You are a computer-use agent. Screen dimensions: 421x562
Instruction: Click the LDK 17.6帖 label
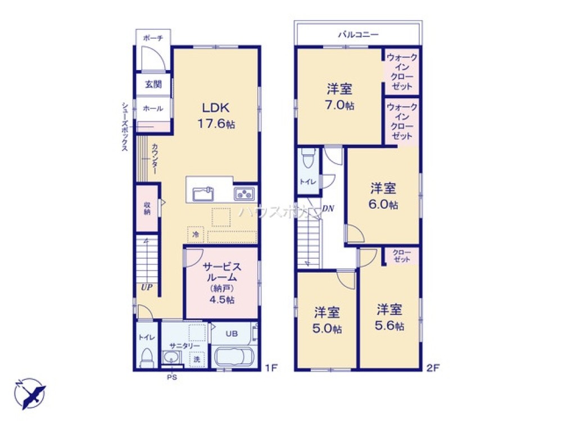[x=216, y=116]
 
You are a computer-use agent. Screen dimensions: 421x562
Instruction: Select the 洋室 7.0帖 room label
[x=341, y=97]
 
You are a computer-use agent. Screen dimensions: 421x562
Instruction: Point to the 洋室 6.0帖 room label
[x=383, y=196]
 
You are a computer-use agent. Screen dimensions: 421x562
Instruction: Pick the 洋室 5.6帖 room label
[x=389, y=317]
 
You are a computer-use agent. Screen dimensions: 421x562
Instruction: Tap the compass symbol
[x=30, y=392]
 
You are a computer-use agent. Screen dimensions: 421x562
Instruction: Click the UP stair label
[x=146, y=288]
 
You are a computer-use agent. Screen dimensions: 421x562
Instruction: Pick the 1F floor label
[x=271, y=368]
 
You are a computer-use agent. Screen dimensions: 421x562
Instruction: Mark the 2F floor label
[x=432, y=368]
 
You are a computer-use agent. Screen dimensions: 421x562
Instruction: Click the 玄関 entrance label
[x=153, y=85]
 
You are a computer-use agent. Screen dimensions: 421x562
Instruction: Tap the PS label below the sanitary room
[x=171, y=378]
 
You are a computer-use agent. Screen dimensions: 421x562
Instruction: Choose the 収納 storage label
[x=147, y=208]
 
